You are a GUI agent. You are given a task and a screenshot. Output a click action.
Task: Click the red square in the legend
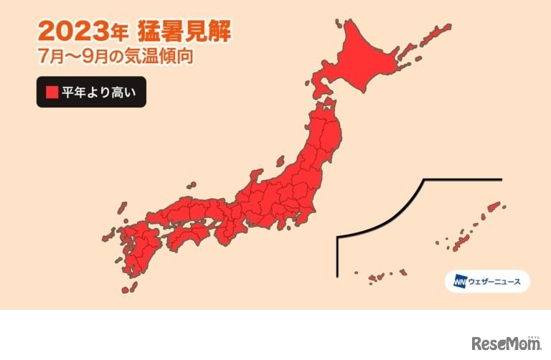point(52,92)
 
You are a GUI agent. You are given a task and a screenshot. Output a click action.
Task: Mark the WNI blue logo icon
point(459,281)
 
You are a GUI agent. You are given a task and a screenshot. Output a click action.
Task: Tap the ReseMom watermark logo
point(506,342)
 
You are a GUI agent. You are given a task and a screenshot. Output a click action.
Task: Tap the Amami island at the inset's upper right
point(494,208)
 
